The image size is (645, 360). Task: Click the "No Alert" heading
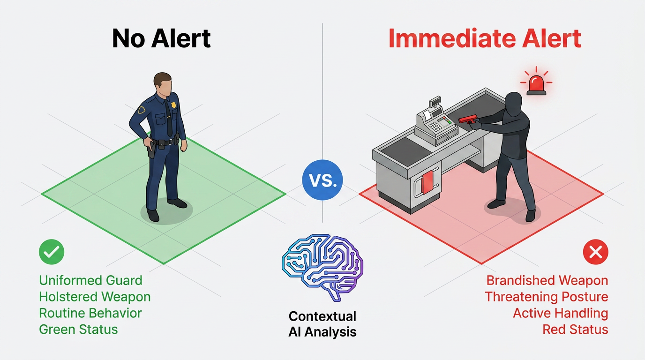click(161, 38)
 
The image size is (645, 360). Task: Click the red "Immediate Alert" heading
click(485, 38)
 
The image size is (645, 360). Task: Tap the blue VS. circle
click(322, 180)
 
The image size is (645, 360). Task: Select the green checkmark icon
click(52, 252)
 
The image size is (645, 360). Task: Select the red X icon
click(595, 252)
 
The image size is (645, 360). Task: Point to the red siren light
click(536, 83)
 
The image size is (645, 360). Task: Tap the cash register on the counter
click(436, 122)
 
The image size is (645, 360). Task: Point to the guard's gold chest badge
click(173, 105)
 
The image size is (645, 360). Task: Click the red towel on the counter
click(427, 182)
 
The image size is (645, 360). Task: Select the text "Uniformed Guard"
click(91, 280)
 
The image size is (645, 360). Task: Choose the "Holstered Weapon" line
click(95, 297)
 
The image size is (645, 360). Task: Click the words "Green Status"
click(78, 329)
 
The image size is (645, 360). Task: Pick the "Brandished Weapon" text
click(547, 280)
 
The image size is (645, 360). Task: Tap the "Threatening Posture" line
click(546, 297)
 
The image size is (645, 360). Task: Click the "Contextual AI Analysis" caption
click(322, 324)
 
